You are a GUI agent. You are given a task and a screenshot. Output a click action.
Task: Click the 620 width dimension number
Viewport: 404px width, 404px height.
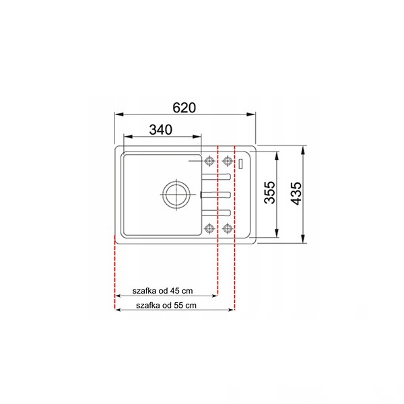(x=184, y=108)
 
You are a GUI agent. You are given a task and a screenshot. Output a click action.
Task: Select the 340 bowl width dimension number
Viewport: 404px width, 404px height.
(x=161, y=129)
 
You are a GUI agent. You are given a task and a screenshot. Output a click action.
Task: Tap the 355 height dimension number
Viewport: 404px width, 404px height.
(x=270, y=193)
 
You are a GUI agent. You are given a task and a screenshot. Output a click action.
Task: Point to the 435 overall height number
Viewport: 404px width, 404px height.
(x=296, y=193)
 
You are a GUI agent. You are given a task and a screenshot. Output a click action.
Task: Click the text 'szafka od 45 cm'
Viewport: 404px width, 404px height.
(x=162, y=291)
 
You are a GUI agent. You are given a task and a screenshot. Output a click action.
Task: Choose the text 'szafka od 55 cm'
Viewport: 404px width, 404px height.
(x=166, y=306)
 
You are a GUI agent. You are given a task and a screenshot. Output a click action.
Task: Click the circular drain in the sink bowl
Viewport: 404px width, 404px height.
(x=176, y=195)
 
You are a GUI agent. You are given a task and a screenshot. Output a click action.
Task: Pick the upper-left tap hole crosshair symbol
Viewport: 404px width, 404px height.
(x=209, y=162)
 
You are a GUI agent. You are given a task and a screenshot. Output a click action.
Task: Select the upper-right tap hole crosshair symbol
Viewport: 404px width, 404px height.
(x=228, y=162)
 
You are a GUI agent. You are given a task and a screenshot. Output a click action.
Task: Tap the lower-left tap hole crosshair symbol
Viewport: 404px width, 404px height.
(x=209, y=228)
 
